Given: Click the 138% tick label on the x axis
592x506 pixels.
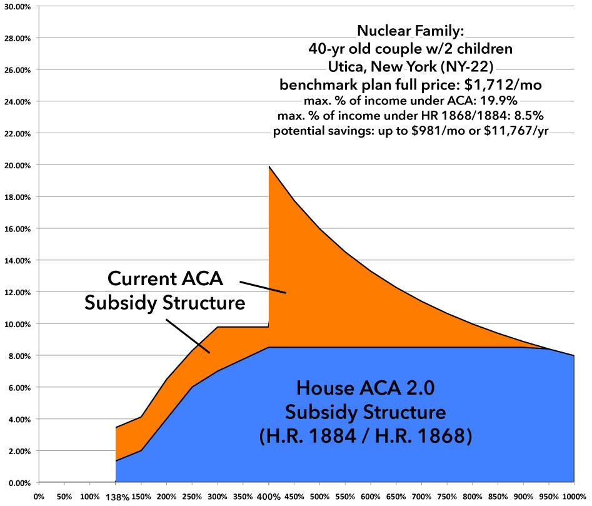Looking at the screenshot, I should [x=116, y=498].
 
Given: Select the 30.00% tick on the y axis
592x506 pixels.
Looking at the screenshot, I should [x=18, y=6].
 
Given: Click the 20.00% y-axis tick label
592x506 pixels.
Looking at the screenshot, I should [x=18, y=166].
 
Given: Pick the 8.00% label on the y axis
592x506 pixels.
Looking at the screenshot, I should [x=20, y=356].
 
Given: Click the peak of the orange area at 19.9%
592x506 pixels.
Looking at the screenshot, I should [x=269, y=167].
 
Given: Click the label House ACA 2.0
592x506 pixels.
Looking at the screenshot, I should [x=365, y=389].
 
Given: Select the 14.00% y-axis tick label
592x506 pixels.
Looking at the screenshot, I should [x=18, y=260].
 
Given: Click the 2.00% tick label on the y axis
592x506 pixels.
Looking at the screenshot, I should [x=20, y=451].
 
